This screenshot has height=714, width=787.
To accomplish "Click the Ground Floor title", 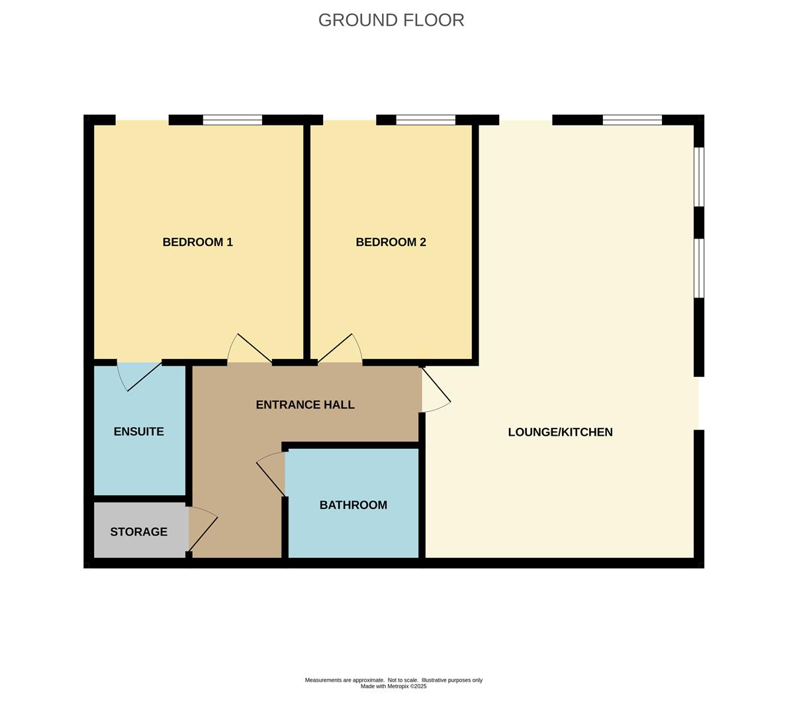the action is (391, 20).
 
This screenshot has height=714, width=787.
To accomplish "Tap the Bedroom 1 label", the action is (198, 242).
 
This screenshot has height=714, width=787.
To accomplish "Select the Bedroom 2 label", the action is (391, 242).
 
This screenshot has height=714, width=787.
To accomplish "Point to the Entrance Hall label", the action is (305, 405).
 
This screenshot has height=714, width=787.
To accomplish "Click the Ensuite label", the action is (138, 432).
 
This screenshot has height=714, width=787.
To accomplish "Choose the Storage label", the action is (138, 532).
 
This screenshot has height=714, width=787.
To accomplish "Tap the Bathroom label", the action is (353, 505).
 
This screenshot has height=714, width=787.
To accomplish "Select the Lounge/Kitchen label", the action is (560, 432).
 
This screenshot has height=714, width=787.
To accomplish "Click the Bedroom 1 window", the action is (232, 120).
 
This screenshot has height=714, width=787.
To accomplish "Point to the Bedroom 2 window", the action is (426, 120).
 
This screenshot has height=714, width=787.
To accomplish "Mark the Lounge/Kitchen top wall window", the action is (632, 120).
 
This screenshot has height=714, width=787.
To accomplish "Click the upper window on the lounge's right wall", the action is (699, 177).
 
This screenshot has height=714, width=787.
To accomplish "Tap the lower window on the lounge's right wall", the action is (699, 268).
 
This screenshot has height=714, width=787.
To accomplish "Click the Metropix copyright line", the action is (393, 686).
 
